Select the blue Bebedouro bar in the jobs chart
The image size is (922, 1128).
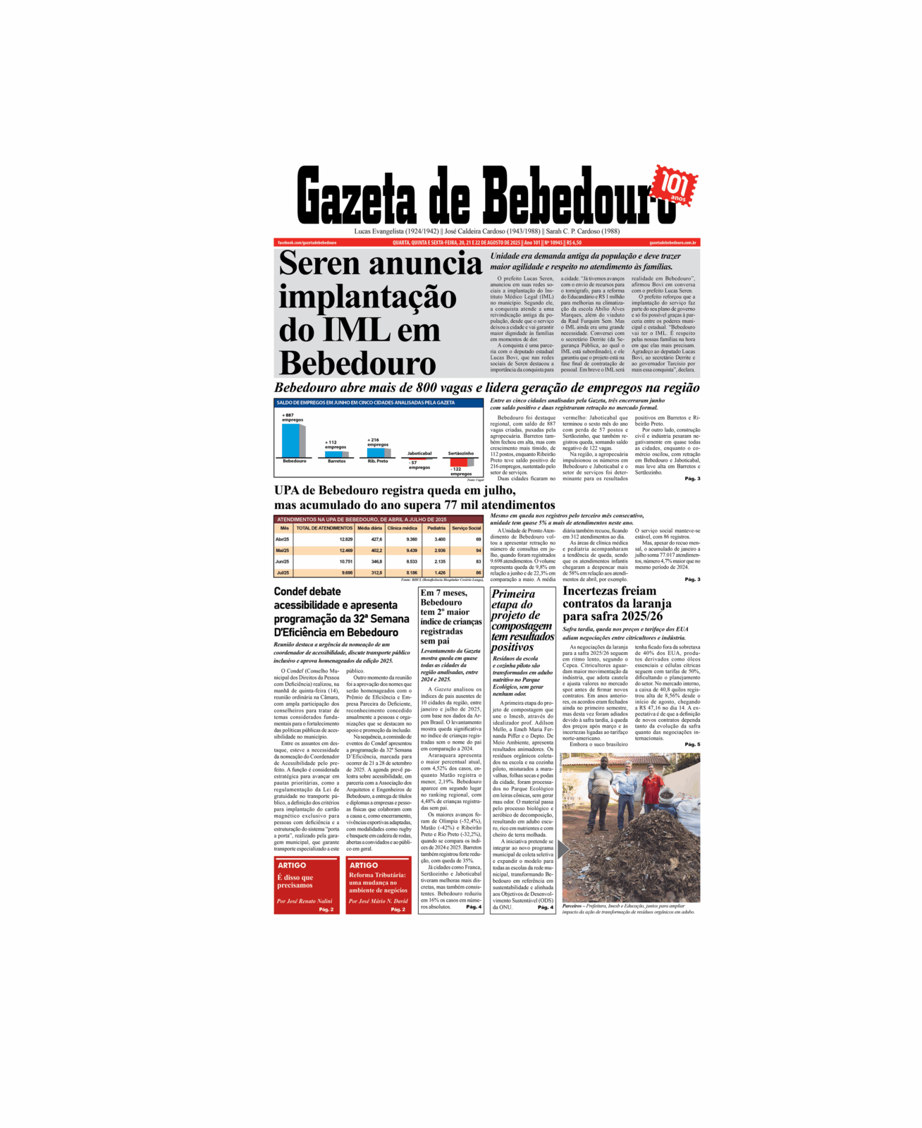pyautogui.click(x=291, y=441)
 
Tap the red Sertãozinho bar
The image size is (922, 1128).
pyautogui.click(x=458, y=462)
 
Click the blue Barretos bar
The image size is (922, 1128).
pyautogui.click(x=333, y=454)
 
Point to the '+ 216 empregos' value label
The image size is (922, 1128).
pyautogui.click(x=377, y=442)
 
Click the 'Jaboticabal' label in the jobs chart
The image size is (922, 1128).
pyautogui.click(x=419, y=453)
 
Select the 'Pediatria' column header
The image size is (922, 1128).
pyautogui.click(x=436, y=528)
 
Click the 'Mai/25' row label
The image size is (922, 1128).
pyautogui.click(x=283, y=551)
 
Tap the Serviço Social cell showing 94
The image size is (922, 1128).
pyautogui.click(x=478, y=551)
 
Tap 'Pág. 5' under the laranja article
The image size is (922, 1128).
pyautogui.click(x=692, y=744)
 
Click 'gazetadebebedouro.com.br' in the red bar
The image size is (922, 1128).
pyautogui.click(x=672, y=243)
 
